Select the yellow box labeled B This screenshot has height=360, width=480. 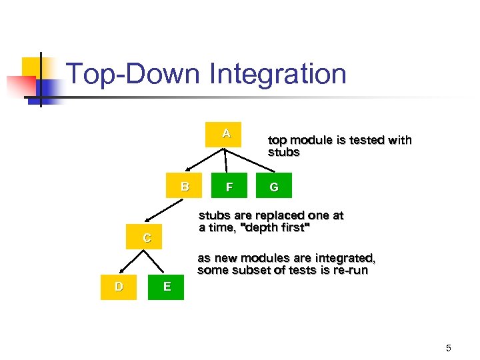pyautogui.click(x=184, y=187)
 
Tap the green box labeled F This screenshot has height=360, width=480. pyautogui.click(x=229, y=187)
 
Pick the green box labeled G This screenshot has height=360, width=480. pyautogui.click(x=273, y=187)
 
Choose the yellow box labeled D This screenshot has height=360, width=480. pyautogui.click(x=118, y=287)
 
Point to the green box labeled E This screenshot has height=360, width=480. pyautogui.click(x=166, y=287)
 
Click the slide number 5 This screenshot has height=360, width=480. pyautogui.click(x=449, y=347)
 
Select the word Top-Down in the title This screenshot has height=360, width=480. pyautogui.click(x=133, y=74)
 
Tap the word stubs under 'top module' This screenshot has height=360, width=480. pyautogui.click(x=283, y=153)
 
